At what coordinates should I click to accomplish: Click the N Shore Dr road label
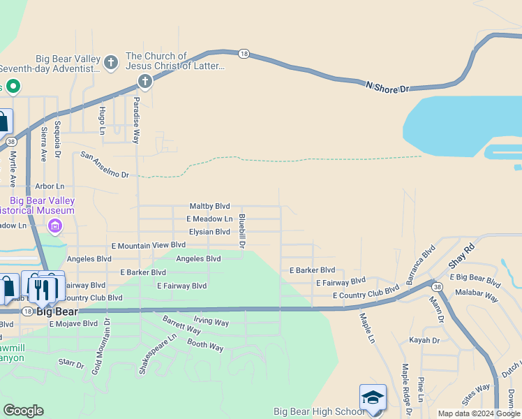coord(387,87)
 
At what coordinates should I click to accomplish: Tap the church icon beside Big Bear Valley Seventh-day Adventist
coord(110,63)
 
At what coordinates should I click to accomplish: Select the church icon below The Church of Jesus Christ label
coord(145,82)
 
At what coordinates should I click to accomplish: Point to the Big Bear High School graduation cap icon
coord(373,397)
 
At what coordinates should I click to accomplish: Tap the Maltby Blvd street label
coord(209,206)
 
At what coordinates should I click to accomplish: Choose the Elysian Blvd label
coord(209,232)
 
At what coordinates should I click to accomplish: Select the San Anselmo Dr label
coord(105,164)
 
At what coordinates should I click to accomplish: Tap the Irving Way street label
coord(211,322)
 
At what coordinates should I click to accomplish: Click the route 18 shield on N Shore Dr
coord(244,53)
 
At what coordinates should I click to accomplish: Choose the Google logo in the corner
coord(23,411)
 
